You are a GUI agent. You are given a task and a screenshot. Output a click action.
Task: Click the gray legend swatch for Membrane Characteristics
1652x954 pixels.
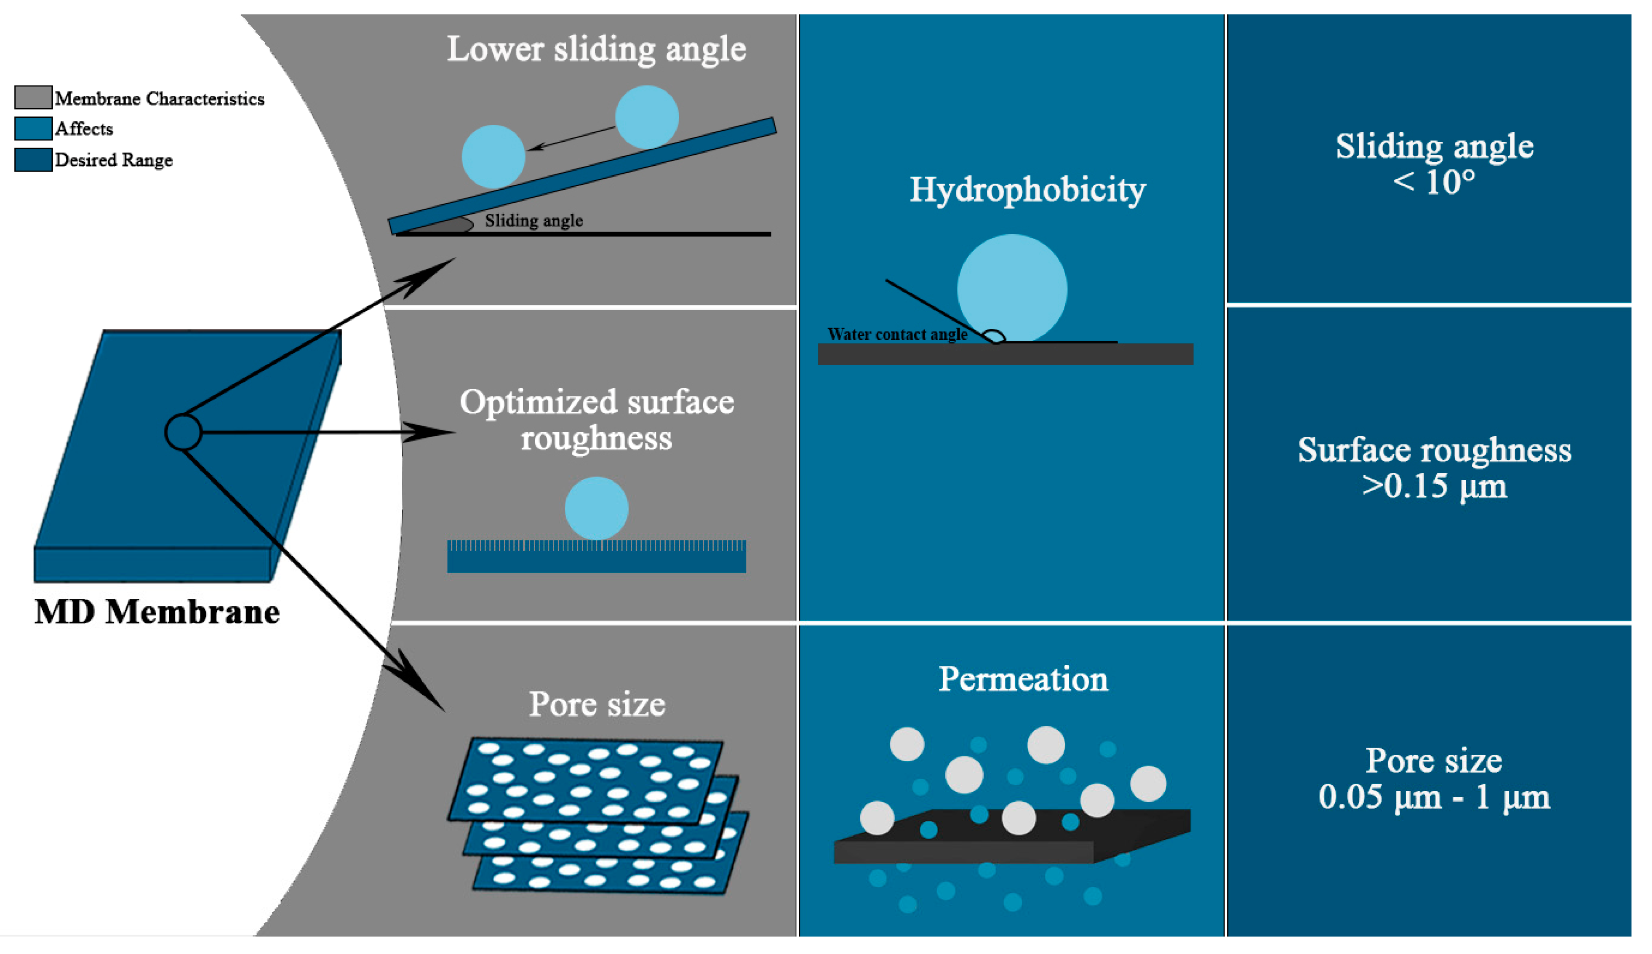click(33, 97)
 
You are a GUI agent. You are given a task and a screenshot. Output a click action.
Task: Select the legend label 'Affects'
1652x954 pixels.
click(84, 128)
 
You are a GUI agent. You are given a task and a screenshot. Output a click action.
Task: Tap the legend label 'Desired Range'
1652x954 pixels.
click(113, 160)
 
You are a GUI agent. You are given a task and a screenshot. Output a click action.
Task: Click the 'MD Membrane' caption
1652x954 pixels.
click(157, 612)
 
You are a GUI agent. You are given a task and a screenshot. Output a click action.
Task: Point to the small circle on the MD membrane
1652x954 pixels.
click(183, 432)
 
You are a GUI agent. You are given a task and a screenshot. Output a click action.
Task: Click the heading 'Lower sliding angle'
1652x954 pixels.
click(596, 49)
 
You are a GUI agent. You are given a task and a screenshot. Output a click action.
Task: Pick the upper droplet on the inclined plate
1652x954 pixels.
click(646, 116)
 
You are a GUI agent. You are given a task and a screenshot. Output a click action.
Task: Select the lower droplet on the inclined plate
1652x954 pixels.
click(493, 157)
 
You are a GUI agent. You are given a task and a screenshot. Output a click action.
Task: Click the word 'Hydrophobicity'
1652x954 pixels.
click(1027, 190)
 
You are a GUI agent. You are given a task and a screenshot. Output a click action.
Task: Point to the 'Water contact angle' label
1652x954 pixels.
click(897, 334)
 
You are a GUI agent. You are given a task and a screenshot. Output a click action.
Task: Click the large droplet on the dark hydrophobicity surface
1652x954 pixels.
click(1012, 288)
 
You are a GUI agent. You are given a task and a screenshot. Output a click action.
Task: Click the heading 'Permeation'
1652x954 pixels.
click(1023, 679)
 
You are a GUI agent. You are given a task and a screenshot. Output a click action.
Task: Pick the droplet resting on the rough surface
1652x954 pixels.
click(596, 508)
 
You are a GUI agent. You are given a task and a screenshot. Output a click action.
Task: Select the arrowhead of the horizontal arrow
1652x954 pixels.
click(432, 432)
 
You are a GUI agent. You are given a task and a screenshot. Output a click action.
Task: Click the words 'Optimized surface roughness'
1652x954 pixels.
click(596, 419)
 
